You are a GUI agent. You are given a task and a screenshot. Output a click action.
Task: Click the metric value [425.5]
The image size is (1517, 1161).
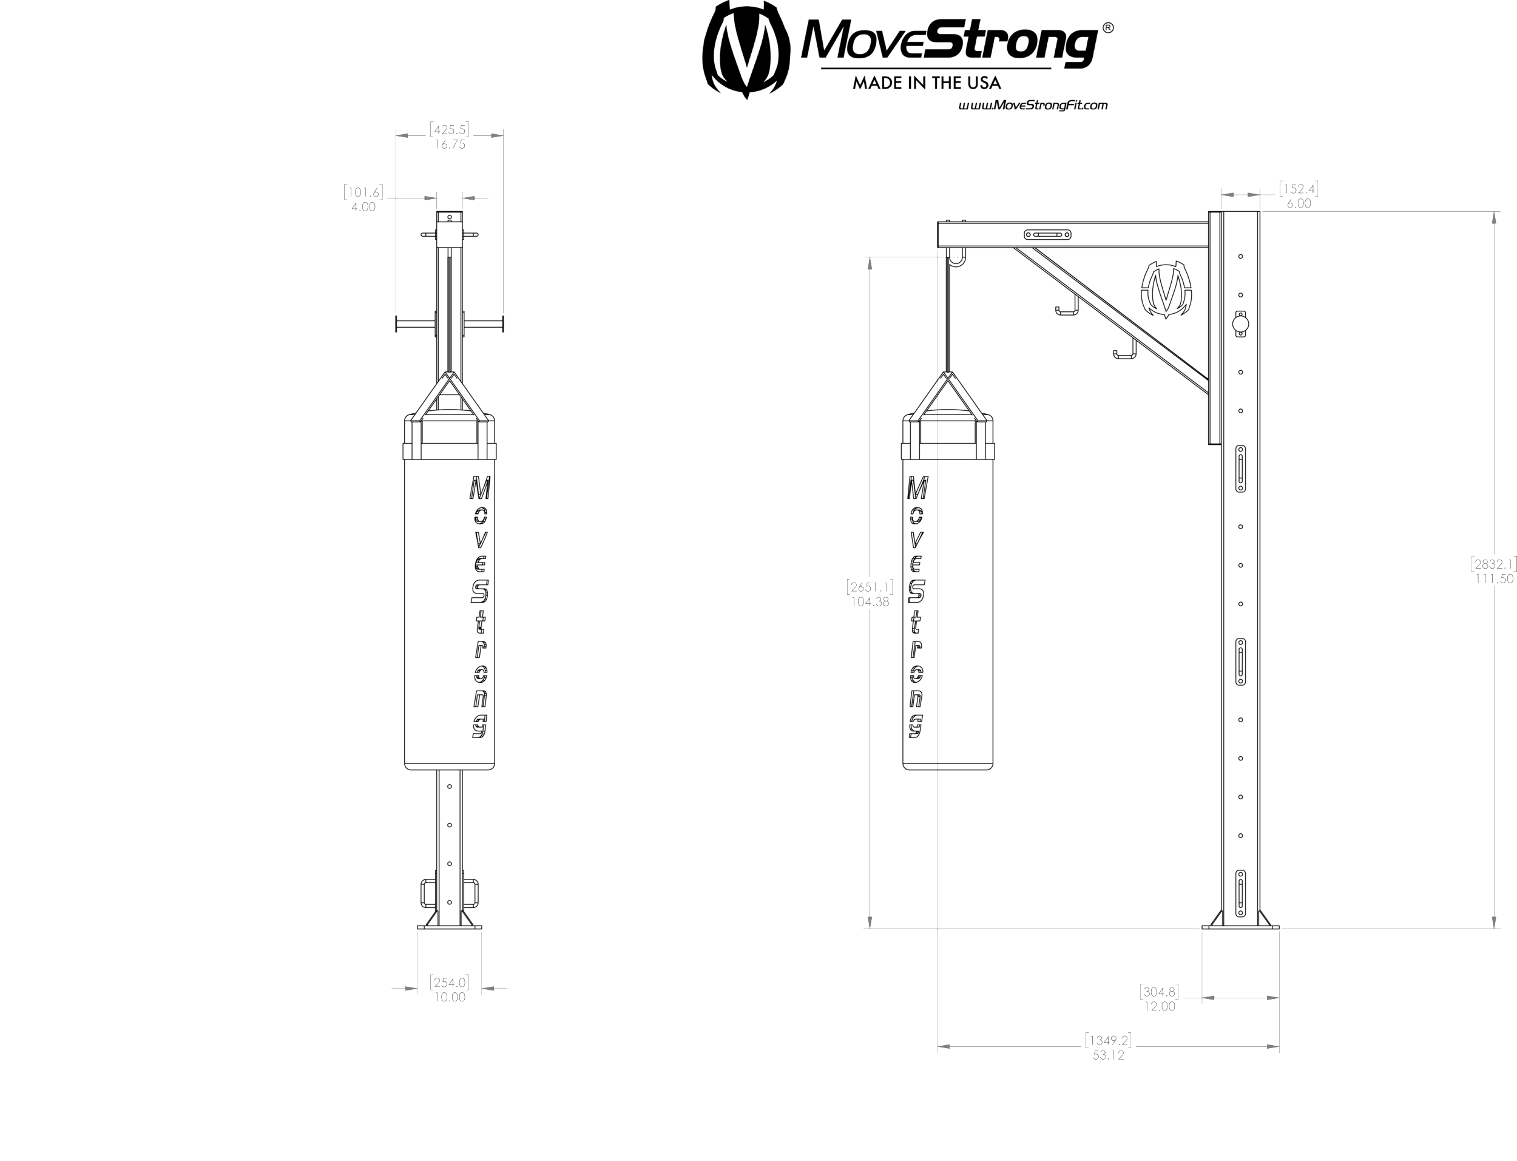tap(449, 130)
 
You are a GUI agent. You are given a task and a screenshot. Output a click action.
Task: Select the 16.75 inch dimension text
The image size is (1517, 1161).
tap(450, 145)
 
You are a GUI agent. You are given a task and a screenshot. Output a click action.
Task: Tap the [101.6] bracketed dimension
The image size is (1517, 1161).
tap(363, 192)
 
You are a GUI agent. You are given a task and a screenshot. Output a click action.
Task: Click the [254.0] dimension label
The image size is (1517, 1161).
tap(449, 982)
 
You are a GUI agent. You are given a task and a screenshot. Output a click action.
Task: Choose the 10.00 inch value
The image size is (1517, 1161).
tap(450, 998)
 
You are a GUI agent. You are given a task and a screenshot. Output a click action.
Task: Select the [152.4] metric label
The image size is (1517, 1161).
tap(1299, 189)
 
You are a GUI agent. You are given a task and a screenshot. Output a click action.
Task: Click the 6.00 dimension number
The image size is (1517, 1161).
tap(1299, 204)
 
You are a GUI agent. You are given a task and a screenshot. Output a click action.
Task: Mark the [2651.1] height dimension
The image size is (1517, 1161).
tap(870, 587)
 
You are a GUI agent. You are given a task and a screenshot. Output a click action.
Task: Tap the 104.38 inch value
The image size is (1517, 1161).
tap(870, 602)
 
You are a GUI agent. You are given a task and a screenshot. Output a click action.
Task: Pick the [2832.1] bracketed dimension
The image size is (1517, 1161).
tap(1493, 564)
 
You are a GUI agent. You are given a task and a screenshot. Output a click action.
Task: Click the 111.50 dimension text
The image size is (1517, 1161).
tap(1494, 579)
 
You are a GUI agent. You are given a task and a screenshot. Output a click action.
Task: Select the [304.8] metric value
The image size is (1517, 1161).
tap(1159, 992)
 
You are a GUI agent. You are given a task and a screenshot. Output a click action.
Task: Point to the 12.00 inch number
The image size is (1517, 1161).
tap(1159, 1007)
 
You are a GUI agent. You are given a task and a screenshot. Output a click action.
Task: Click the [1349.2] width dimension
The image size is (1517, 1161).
tap(1108, 1040)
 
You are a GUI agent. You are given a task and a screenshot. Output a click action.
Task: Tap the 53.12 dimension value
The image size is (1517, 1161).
tap(1108, 1056)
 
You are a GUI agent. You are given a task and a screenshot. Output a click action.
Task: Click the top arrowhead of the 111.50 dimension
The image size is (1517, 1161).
tap(1494, 218)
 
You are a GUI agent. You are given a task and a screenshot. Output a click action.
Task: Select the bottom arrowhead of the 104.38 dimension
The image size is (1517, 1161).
tap(870, 922)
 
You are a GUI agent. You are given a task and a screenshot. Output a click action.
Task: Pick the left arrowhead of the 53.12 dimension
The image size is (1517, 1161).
tap(944, 1047)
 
